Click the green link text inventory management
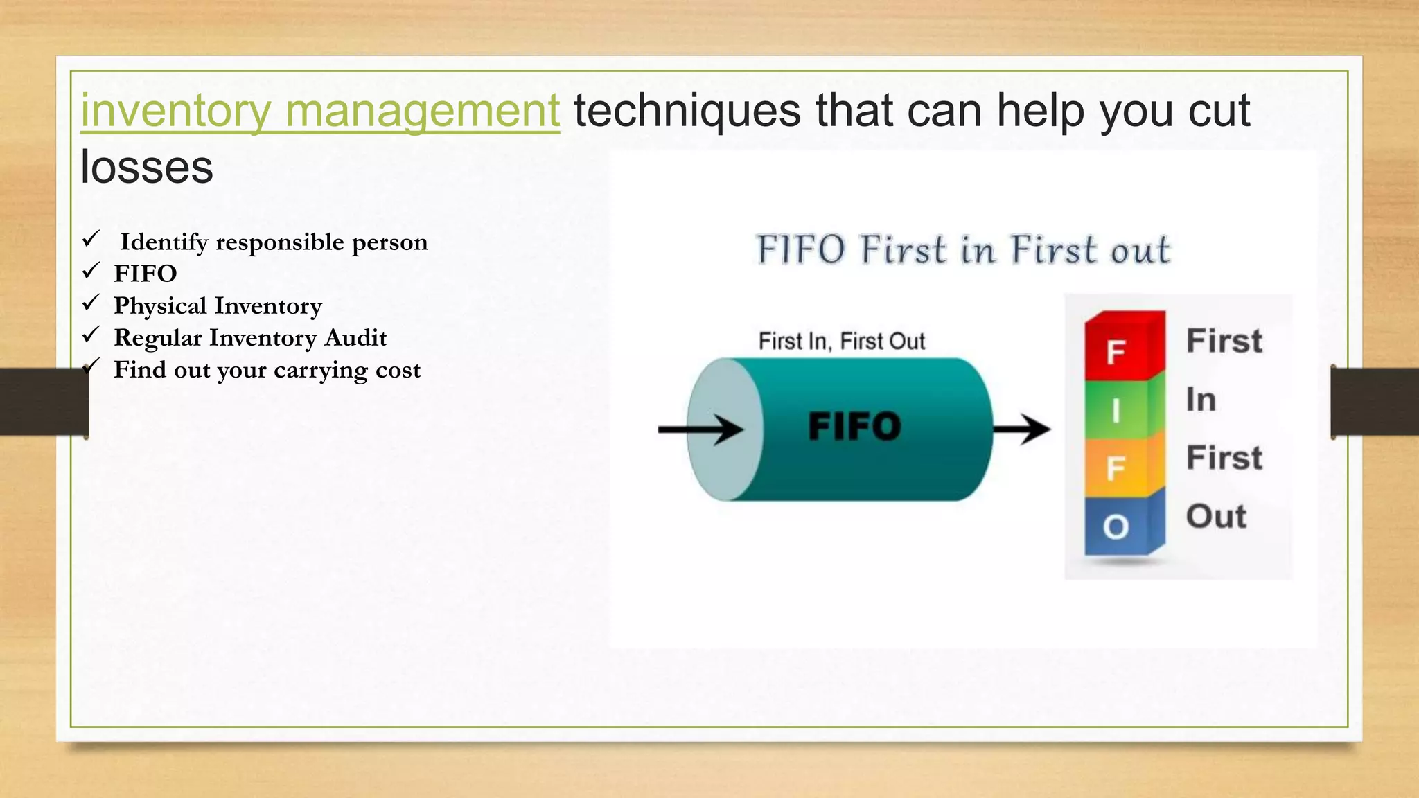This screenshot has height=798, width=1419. [x=319, y=111]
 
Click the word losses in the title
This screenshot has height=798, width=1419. [x=147, y=168]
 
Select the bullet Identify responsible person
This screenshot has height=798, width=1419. [x=273, y=242]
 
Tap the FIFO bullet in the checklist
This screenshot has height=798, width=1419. [x=146, y=274]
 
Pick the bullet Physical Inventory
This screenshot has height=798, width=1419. [x=218, y=305]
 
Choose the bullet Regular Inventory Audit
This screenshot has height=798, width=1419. [x=250, y=338]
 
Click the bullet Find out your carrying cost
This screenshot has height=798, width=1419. [x=267, y=370]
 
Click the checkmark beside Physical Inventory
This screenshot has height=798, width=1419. [x=91, y=303]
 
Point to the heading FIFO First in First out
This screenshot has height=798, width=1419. [x=962, y=250]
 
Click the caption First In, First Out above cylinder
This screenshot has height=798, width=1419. [x=841, y=342]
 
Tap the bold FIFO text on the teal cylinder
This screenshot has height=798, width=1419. [x=854, y=426]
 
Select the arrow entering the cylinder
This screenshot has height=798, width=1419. [x=700, y=429]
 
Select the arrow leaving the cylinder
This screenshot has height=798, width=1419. [x=1021, y=429]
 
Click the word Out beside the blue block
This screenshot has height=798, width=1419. [x=1215, y=517]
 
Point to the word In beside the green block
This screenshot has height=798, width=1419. [x=1201, y=400]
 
